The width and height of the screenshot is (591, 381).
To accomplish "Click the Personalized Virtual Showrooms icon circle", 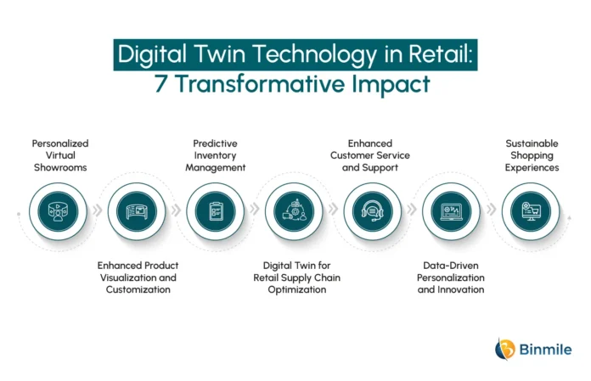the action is pos(58,211).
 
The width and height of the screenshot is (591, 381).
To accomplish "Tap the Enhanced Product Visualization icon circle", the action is pos(137,211).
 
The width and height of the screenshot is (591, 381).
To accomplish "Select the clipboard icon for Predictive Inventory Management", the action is pos(216,211).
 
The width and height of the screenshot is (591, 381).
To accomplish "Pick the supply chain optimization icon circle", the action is pos(294,211).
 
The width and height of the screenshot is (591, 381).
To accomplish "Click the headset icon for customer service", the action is pos(373,211).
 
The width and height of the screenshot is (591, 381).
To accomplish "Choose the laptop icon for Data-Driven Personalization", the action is pos(451,212).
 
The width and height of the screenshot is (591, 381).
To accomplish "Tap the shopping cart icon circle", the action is pos(531,211).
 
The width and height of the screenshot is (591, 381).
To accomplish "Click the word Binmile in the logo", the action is pos(545,350).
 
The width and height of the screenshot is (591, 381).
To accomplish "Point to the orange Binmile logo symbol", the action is pos(505,349).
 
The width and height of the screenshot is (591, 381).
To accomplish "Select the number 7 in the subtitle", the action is pos(160,84).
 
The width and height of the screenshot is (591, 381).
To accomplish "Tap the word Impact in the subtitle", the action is pos(391,84).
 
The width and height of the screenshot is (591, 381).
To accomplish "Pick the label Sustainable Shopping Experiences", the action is pos(532,155).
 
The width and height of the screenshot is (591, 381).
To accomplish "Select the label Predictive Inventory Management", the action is pos(215,155).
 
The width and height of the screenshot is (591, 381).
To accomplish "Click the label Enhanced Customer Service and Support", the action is pos(370,155).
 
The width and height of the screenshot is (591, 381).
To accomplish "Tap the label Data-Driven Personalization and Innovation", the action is pos(451,277).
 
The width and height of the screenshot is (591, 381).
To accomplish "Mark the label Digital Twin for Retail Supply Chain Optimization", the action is pos(297,277).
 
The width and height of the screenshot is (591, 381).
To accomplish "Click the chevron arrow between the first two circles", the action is pos(98,210).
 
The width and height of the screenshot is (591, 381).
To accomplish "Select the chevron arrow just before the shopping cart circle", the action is pos(491,210).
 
